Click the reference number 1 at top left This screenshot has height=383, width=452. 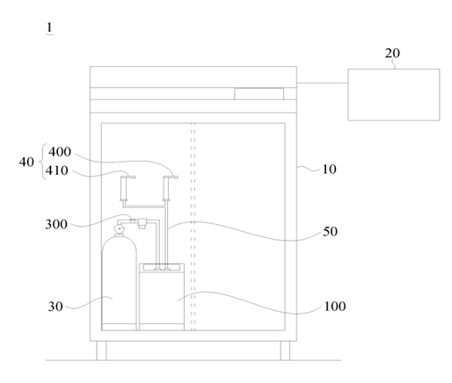coord(49,28)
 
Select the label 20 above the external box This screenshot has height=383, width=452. coord(392,54)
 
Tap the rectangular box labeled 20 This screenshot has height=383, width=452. coord(394,95)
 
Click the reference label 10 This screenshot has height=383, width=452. coord(329,170)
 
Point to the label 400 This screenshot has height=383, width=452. coord(60,152)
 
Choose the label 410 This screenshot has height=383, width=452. coord(57,170)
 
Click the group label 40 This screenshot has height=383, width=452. coord(26,162)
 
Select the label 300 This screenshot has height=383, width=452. coord(56,225)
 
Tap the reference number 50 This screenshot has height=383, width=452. coord(330,232)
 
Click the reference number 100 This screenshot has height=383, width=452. coord(335,307)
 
